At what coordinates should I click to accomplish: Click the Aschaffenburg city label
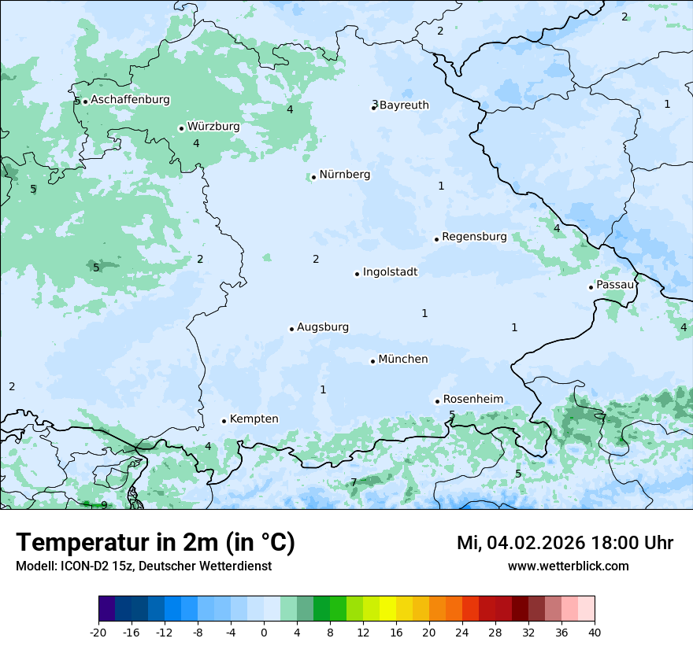[x=130, y=100]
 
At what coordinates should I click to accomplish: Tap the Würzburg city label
[x=213, y=127]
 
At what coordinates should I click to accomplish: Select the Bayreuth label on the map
[x=404, y=105]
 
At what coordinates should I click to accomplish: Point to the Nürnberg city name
[x=344, y=175]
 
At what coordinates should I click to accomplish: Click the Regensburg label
[x=474, y=237]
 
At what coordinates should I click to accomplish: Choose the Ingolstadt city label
[x=390, y=272]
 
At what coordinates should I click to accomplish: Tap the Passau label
[x=615, y=285]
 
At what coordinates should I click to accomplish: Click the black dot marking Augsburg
[x=291, y=329]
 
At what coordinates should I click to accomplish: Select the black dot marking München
[x=372, y=361]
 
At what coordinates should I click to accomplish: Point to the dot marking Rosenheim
[x=437, y=401]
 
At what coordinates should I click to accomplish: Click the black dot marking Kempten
[x=224, y=421]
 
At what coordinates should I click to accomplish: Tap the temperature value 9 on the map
[x=104, y=505]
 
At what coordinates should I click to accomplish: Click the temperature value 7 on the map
[x=354, y=482]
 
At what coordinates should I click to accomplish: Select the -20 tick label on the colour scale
[x=98, y=632]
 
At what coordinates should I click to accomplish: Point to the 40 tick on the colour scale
[x=595, y=632]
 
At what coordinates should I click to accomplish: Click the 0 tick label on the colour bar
[x=264, y=632]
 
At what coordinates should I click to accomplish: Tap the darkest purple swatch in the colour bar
[x=106, y=609]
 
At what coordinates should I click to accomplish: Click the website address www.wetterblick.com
[x=568, y=566]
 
